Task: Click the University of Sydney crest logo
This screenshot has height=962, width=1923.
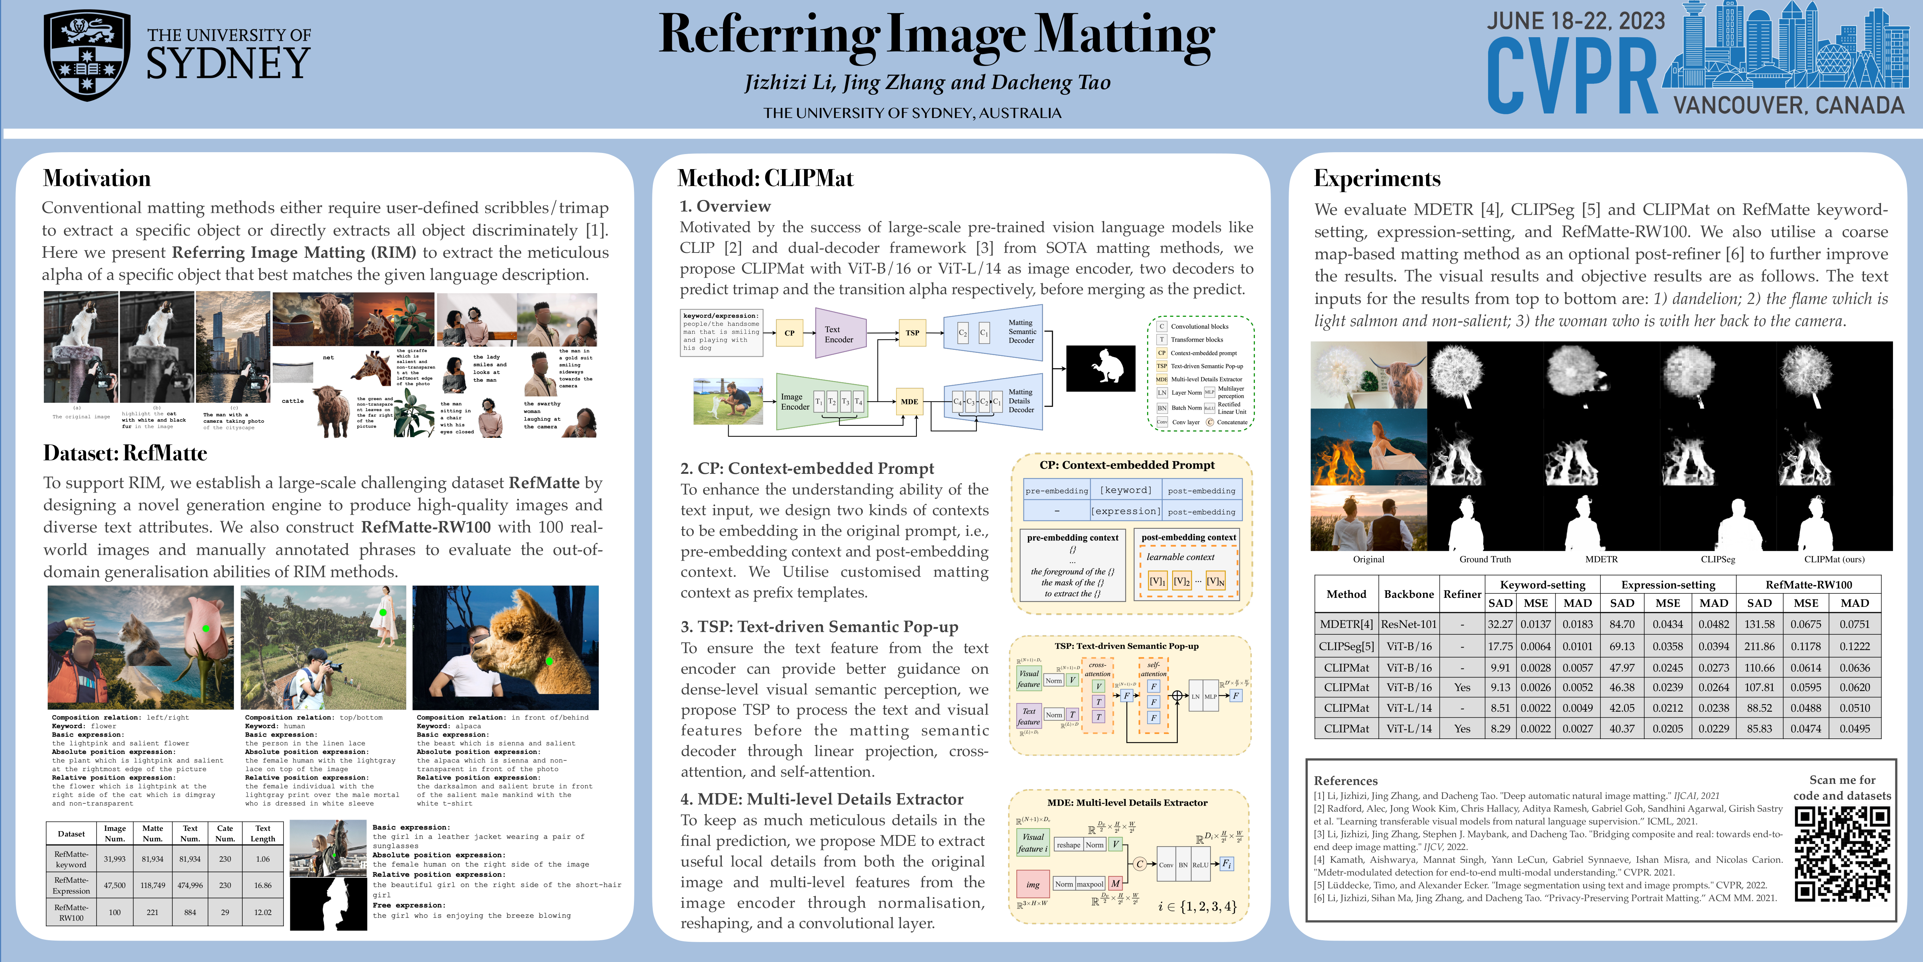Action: click(88, 56)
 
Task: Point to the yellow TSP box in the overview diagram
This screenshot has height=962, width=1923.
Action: click(912, 333)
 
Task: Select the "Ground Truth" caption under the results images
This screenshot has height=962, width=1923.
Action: click(1485, 560)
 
